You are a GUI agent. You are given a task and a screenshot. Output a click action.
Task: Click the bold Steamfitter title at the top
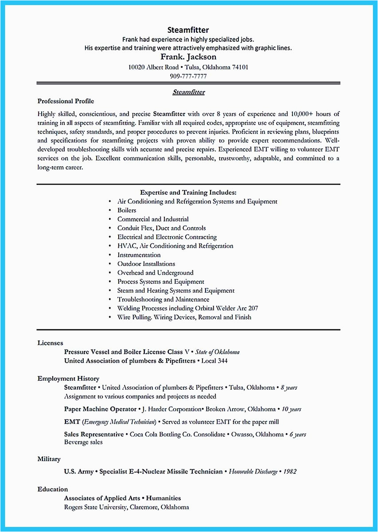click(x=188, y=30)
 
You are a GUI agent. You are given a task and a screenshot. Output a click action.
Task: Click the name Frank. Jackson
click(x=188, y=57)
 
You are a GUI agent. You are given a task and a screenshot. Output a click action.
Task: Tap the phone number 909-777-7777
click(x=188, y=76)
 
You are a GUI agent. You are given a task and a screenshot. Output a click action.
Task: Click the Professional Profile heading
click(x=66, y=101)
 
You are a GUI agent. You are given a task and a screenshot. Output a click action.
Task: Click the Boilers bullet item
click(x=127, y=210)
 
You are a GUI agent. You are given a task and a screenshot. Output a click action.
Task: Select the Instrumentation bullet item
click(x=139, y=255)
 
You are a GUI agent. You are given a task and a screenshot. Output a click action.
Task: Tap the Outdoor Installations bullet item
click(x=146, y=264)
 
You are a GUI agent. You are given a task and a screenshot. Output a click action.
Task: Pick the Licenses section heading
click(x=50, y=343)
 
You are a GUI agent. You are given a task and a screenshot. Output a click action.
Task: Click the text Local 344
click(x=214, y=361)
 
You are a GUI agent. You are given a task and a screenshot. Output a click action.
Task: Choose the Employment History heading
click(x=68, y=379)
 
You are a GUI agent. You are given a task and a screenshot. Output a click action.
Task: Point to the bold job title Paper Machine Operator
click(x=100, y=409)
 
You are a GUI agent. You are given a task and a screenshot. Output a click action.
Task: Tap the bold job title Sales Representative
click(x=94, y=434)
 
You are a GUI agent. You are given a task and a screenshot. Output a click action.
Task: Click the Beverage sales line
click(x=83, y=442)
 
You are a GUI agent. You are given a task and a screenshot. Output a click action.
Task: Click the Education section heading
click(x=53, y=489)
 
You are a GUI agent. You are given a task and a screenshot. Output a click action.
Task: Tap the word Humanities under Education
click(x=164, y=498)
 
